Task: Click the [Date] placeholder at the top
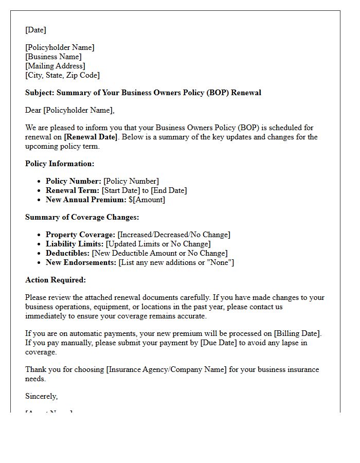(x=35, y=30)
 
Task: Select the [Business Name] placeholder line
(x=53, y=57)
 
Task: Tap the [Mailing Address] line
(x=55, y=66)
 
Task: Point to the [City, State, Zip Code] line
(x=62, y=75)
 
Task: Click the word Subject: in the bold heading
(x=40, y=93)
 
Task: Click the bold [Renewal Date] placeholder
(x=91, y=137)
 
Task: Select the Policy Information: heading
(x=60, y=164)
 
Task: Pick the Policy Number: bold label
(x=73, y=181)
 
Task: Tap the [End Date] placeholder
(x=169, y=190)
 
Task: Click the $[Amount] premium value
(x=147, y=200)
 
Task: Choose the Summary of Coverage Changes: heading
(x=82, y=217)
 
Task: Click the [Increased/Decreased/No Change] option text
(x=174, y=235)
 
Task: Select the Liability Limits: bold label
(x=74, y=244)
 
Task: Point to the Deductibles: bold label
(x=68, y=253)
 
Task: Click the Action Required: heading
(x=56, y=280)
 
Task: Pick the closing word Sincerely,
(x=42, y=396)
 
